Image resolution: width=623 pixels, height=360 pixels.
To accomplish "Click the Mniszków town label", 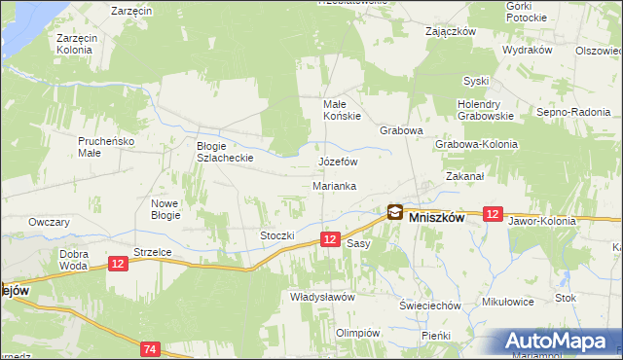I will click(x=436, y=218).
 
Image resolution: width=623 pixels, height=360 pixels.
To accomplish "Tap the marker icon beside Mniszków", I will click(x=394, y=211).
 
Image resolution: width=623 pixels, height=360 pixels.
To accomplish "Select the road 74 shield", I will click(x=150, y=348).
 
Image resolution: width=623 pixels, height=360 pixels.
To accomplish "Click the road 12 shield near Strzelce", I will click(x=118, y=263).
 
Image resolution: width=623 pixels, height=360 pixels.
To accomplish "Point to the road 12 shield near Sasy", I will click(x=330, y=239).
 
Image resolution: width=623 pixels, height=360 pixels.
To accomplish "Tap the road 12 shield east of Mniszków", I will click(x=492, y=214).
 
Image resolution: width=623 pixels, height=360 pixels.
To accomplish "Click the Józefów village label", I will click(x=339, y=162).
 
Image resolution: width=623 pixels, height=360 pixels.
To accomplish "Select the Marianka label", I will click(x=334, y=185).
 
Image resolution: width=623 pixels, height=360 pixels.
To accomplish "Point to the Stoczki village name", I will click(x=276, y=235).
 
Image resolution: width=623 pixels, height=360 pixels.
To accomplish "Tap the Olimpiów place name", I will click(x=357, y=332).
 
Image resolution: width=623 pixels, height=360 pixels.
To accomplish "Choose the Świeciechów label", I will click(x=429, y=306).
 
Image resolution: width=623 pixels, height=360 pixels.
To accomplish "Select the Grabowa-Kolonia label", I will click(x=477, y=144).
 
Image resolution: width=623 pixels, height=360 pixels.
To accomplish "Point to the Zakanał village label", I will click(x=465, y=177).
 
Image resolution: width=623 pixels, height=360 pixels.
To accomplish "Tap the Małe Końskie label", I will click(x=342, y=109).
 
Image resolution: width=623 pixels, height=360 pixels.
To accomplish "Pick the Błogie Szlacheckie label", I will click(x=225, y=151).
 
